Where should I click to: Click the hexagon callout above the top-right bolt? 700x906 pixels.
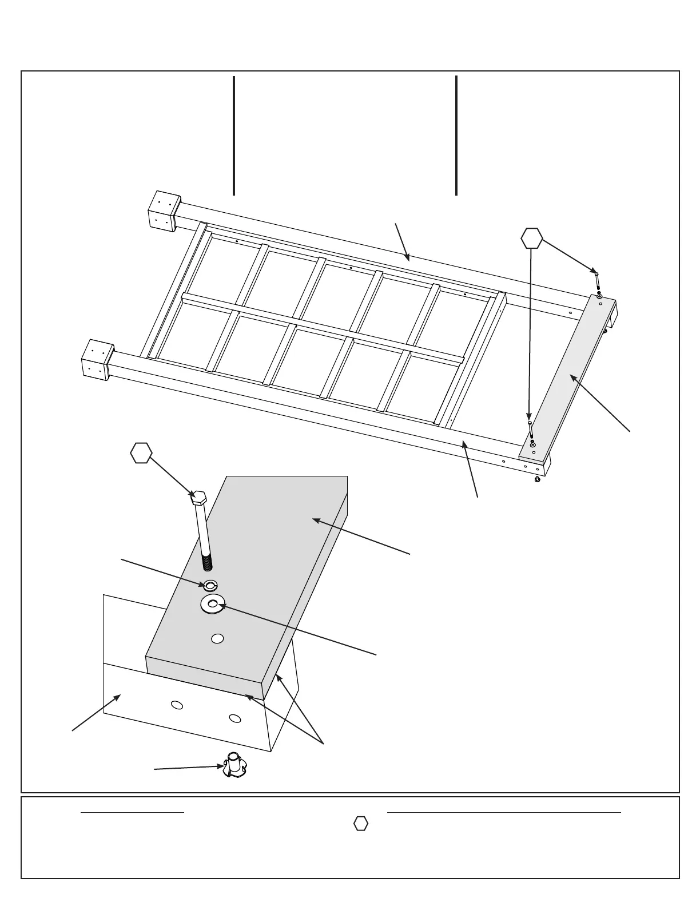[x=532, y=238]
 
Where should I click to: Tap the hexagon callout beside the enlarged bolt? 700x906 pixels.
[x=141, y=453]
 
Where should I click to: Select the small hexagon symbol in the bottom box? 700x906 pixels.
[x=360, y=824]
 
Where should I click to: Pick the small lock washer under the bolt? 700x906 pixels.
[x=210, y=585]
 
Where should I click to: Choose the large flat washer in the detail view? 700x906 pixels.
[x=212, y=603]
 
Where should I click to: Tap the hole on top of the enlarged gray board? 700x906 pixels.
[x=217, y=638]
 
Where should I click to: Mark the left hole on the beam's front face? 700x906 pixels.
[x=177, y=705]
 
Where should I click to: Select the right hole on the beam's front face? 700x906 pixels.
[x=234, y=718]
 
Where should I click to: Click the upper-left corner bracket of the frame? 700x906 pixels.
[x=164, y=210]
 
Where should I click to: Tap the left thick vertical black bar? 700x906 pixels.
[x=234, y=136]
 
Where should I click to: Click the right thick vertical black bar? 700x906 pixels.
[x=456, y=136]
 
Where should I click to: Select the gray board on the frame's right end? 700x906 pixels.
[x=570, y=375]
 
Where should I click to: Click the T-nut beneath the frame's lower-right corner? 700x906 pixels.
[x=537, y=479]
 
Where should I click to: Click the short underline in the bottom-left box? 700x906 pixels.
[x=132, y=812]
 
